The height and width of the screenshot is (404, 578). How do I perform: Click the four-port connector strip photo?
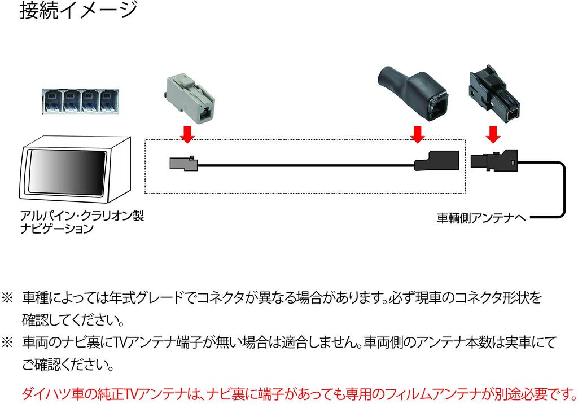pyautogui.click(x=81, y=102)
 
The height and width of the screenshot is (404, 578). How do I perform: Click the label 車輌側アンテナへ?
pyautogui.click(x=481, y=217)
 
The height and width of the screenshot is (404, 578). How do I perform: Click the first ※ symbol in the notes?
pyautogui.click(x=8, y=297)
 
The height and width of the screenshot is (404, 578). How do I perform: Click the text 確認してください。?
pyautogui.click(x=73, y=320)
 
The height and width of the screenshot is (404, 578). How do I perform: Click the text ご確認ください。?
pyautogui.click(x=68, y=366)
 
